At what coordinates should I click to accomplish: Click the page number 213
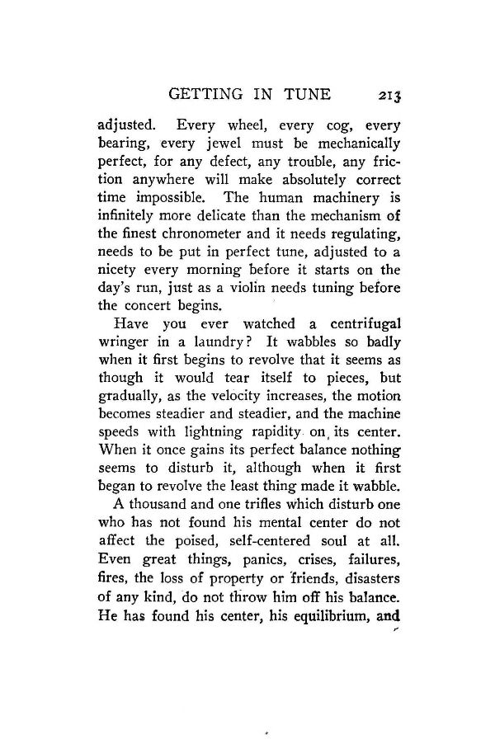pos(384,97)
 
